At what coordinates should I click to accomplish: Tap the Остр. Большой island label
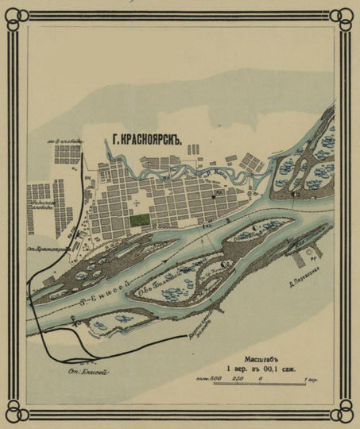pyautogui.click(x=179, y=278)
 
